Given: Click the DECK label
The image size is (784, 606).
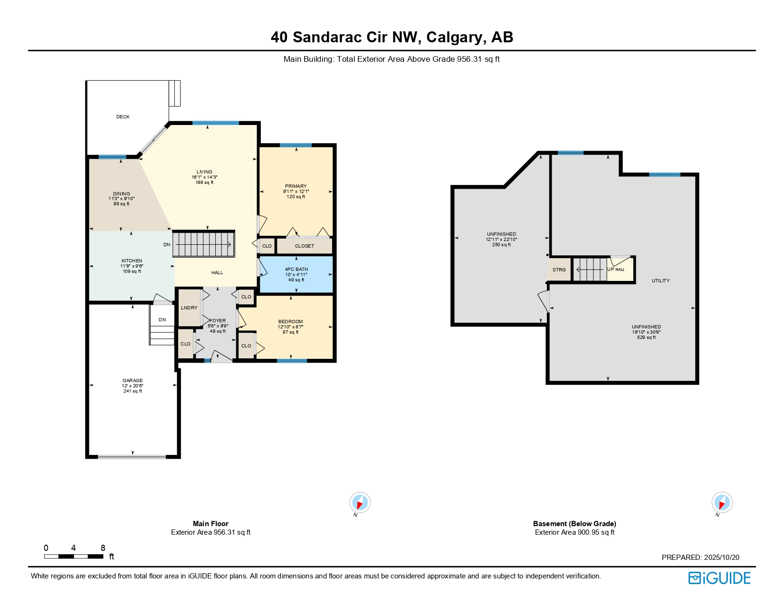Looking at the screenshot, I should (x=123, y=116).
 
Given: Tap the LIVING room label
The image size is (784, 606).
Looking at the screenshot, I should (x=204, y=172).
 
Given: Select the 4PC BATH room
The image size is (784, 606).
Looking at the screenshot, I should (x=296, y=274).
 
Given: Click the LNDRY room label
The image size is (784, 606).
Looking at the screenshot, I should (x=189, y=308).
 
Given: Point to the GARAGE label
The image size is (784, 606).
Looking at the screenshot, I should (x=133, y=381).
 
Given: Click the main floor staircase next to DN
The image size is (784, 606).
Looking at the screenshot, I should (x=204, y=244).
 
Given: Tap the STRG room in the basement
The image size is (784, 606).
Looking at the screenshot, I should (x=559, y=270).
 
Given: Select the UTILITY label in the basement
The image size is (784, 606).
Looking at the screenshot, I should (x=660, y=281).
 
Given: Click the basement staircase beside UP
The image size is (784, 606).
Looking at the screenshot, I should (x=590, y=269).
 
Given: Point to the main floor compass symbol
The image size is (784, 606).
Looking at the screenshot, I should (x=360, y=502).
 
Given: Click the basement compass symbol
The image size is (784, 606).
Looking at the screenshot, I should (x=722, y=502).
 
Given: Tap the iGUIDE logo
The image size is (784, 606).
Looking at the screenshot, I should (x=719, y=578).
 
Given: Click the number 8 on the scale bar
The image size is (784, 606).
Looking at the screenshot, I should (x=103, y=548).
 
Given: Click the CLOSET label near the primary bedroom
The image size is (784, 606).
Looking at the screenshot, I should (x=305, y=246).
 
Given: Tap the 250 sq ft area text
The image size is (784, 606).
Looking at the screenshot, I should (x=501, y=245).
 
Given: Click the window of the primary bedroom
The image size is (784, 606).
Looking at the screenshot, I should (x=296, y=145).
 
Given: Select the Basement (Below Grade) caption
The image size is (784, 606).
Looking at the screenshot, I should (x=574, y=524).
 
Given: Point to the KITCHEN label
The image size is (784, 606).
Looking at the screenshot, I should (x=132, y=261).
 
